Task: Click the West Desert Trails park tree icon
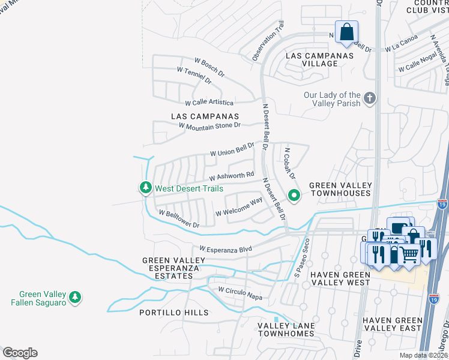pyautogui.click(x=145, y=188)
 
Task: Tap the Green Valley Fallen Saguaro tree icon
pyautogui.click(x=75, y=297)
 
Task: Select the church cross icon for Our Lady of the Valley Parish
pyautogui.click(x=370, y=98)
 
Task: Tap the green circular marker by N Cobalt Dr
pyautogui.click(x=294, y=196)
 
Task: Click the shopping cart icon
pyautogui.click(x=409, y=254)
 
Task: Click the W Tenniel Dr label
pyautogui.click(x=194, y=75)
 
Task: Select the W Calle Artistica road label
pyautogui.click(x=209, y=103)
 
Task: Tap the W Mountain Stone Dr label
pyautogui.click(x=209, y=125)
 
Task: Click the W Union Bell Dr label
pyautogui.click(x=232, y=149)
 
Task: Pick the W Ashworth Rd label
pyautogui.click(x=228, y=176)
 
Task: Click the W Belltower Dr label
pyautogui.click(x=179, y=218)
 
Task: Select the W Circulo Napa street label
pyautogui.click(x=240, y=290)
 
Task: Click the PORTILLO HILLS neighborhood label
pyautogui.click(x=174, y=313)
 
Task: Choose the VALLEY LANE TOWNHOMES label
pyautogui.click(x=286, y=330)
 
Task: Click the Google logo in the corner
pyautogui.click(x=20, y=353)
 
